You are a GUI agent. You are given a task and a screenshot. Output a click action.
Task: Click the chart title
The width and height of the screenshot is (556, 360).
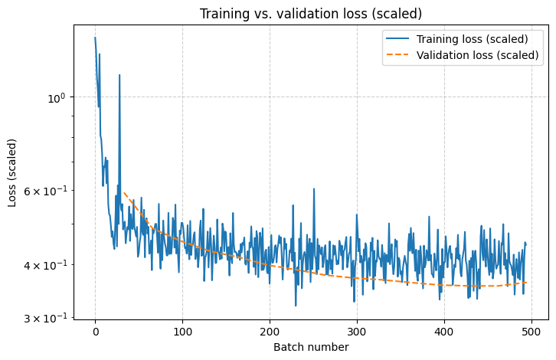point(310,14)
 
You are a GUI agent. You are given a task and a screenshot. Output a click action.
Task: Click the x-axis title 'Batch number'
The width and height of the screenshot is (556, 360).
point(310,347)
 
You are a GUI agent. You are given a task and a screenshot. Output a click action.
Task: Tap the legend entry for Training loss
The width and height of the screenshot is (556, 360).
point(472,39)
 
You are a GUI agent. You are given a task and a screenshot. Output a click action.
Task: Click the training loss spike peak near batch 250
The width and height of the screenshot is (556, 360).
point(313,188)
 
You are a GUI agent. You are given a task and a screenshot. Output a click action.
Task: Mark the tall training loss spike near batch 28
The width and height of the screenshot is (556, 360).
point(119,75)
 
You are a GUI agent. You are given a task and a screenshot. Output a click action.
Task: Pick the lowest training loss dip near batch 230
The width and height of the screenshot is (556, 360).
point(296,306)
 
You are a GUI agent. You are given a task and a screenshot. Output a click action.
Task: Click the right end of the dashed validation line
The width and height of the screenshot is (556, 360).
point(526,283)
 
